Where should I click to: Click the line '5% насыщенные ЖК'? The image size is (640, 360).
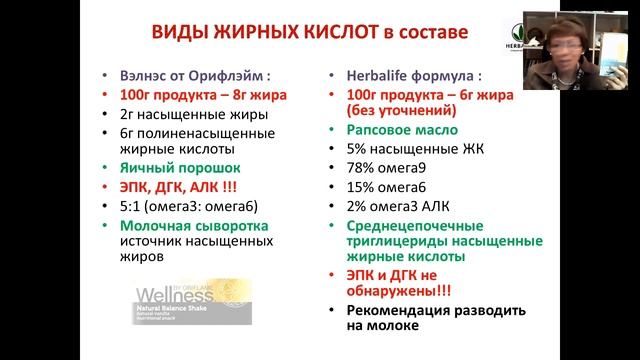(403, 151)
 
